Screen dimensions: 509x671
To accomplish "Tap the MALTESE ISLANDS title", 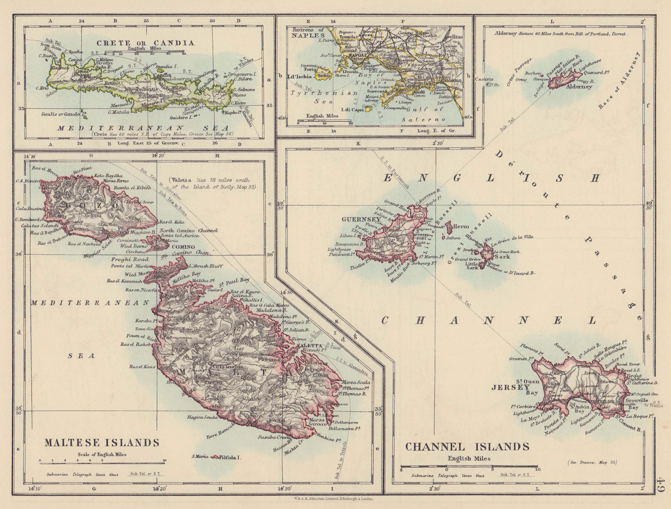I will (x=102, y=443).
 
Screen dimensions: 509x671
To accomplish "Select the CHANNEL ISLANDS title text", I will (x=467, y=447).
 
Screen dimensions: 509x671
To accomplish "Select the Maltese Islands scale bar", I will (x=102, y=460).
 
